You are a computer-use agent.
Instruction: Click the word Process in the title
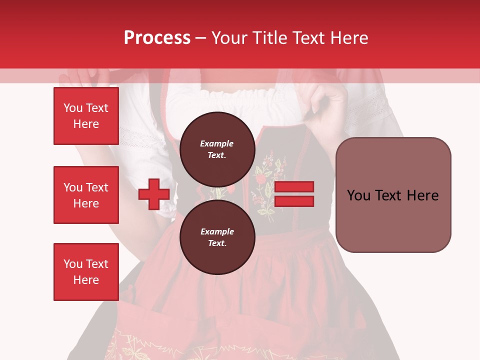click(x=157, y=38)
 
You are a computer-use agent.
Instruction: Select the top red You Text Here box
click(x=86, y=116)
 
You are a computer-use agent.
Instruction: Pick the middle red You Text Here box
click(x=86, y=195)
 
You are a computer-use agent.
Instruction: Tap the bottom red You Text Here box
click(x=86, y=271)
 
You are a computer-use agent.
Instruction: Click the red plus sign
click(x=154, y=194)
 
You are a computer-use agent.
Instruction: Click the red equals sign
click(x=294, y=194)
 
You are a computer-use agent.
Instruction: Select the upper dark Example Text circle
click(x=217, y=149)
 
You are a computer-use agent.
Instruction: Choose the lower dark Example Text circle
click(x=217, y=237)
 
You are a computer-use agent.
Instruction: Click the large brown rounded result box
click(x=393, y=195)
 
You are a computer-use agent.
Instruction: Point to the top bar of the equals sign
click(x=294, y=187)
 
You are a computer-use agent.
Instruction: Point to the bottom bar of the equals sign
click(x=294, y=201)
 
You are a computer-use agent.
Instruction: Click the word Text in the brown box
click(x=392, y=195)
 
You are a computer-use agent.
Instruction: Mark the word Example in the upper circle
click(x=217, y=143)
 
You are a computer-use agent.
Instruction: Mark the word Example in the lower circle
click(x=217, y=231)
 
